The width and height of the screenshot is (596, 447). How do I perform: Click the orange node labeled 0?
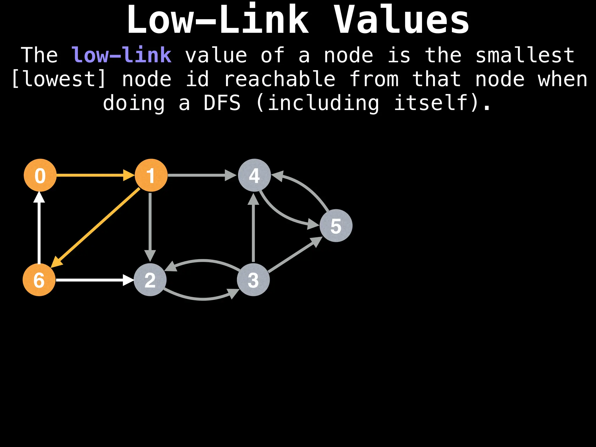[40, 175]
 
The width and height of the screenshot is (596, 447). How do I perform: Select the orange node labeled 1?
[151, 175]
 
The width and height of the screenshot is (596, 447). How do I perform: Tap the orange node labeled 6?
[39, 280]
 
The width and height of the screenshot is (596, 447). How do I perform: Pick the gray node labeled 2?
[150, 280]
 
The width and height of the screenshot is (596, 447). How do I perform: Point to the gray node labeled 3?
[253, 280]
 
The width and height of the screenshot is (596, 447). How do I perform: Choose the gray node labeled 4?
[254, 175]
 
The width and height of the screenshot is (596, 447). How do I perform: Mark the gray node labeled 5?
[336, 226]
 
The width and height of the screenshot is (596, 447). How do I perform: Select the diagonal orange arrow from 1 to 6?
[96, 227]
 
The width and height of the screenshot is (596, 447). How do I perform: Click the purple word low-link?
[121, 55]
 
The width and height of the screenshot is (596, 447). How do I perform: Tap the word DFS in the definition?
[222, 103]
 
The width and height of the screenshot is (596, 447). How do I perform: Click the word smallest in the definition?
[525, 55]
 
